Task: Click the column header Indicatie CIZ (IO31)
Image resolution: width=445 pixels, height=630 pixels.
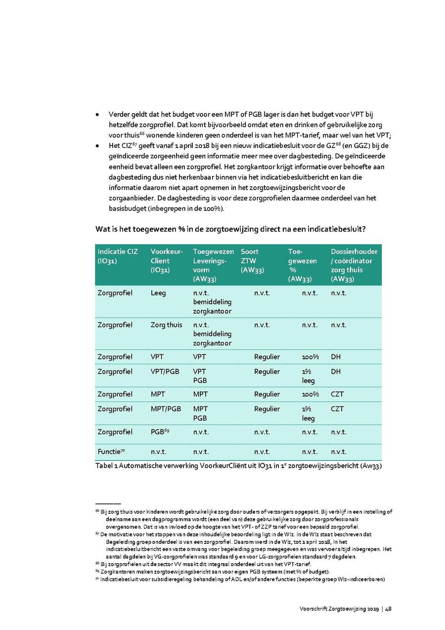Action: tap(118, 256)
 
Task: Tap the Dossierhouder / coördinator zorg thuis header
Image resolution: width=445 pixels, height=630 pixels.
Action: tap(354, 265)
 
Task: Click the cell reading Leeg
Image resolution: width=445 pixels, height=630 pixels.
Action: tap(158, 293)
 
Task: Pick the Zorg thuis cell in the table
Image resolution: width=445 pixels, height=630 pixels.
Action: tap(166, 325)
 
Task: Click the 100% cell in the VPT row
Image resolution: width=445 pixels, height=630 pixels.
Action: tap(310, 357)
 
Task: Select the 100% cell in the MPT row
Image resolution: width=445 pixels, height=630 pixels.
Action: tap(310, 394)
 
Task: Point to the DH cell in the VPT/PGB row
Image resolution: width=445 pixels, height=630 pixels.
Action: tap(336, 372)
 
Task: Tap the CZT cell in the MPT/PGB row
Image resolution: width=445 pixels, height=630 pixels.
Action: tap(337, 409)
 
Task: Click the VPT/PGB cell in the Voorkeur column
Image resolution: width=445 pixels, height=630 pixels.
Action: tap(165, 372)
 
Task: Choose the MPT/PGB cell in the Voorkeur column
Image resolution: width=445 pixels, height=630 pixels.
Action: tap(166, 409)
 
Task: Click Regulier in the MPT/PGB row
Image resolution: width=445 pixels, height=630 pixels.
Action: tap(267, 409)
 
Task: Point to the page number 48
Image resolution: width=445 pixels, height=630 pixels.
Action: tap(389, 609)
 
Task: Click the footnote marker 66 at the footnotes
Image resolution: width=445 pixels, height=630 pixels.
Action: tap(97, 511)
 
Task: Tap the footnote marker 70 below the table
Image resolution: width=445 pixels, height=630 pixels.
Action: tap(97, 579)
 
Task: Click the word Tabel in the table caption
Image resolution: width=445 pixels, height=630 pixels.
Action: tap(104, 466)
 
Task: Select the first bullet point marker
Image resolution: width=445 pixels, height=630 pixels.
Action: tap(97, 115)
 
